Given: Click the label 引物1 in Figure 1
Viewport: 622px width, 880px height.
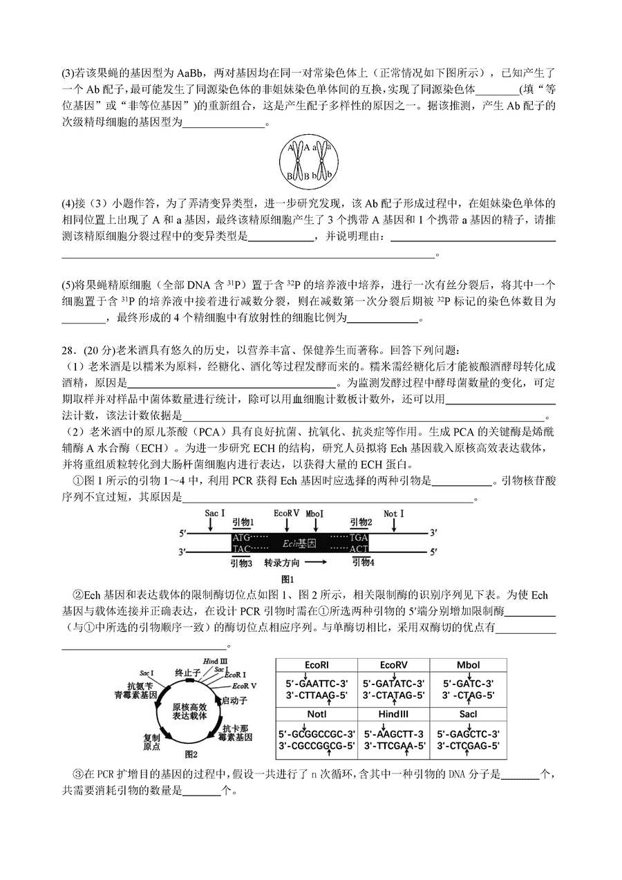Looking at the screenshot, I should [x=243, y=523].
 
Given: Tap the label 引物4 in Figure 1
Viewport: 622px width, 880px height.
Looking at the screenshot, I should [x=363, y=563].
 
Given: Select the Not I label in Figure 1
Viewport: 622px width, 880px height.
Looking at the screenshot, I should [x=394, y=514].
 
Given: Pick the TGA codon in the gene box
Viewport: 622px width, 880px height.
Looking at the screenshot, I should [x=359, y=537].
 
